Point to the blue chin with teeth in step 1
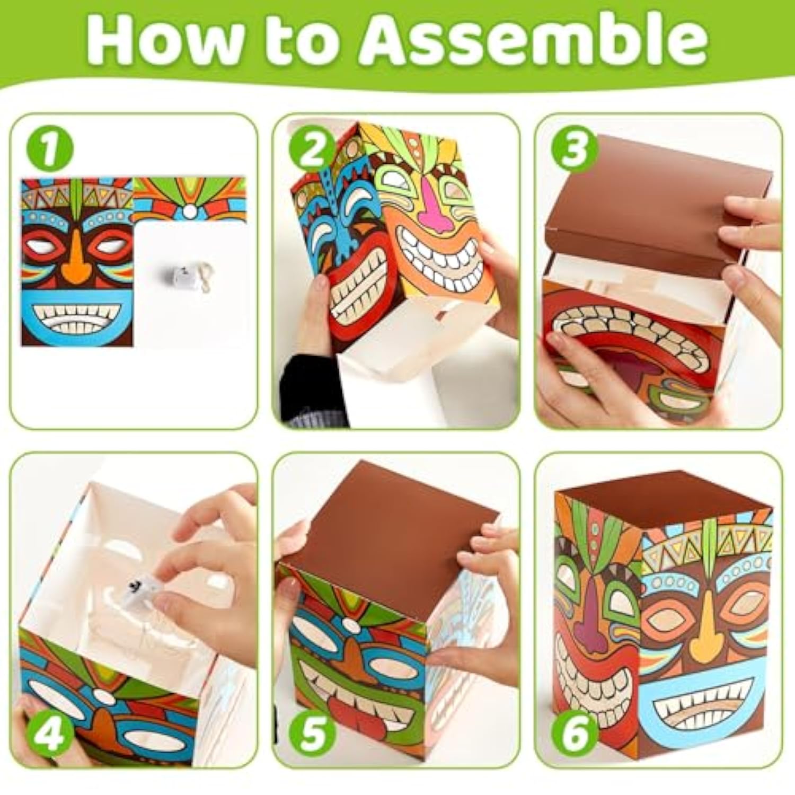click(x=77, y=318)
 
